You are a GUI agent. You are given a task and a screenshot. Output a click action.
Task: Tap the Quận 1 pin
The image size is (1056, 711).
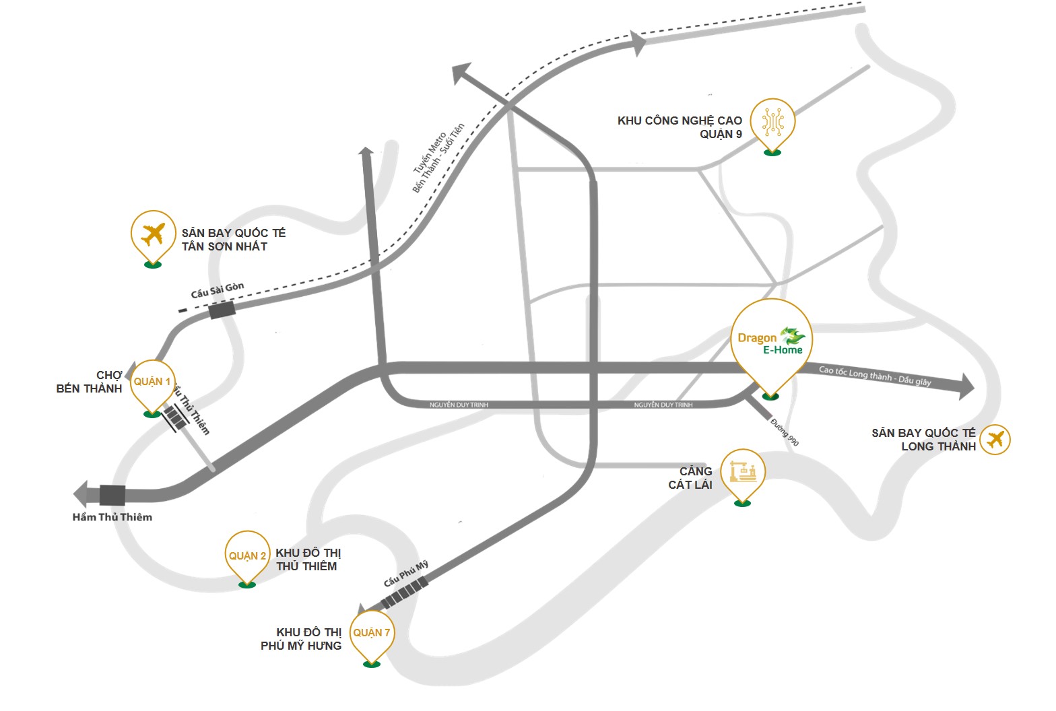click(x=152, y=382)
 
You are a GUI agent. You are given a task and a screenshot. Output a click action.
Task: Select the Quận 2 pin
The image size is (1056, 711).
click(x=247, y=556)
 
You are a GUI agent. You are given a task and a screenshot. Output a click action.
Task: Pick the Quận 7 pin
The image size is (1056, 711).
click(x=372, y=633)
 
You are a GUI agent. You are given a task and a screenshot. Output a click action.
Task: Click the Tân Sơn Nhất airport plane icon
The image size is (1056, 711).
click(x=154, y=234)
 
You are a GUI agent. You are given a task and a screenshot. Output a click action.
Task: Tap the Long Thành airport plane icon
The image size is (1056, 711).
click(x=995, y=440)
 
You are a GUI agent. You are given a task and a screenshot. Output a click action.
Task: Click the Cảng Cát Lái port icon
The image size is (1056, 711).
click(x=743, y=471)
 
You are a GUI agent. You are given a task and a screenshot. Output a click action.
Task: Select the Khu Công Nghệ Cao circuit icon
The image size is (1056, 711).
click(x=772, y=122)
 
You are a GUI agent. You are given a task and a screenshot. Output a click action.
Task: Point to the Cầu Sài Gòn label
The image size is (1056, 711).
click(x=217, y=290)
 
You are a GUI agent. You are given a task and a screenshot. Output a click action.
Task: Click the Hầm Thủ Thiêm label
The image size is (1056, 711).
click(x=112, y=517)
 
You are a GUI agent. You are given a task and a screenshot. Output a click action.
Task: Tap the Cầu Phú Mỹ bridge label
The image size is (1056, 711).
click(x=405, y=574)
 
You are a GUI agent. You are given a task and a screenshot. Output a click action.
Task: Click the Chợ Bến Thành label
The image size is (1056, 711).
click(x=90, y=382)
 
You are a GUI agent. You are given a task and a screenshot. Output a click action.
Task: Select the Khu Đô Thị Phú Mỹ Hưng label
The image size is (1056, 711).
click(x=301, y=639)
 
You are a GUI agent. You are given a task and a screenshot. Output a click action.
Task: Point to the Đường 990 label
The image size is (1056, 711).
click(x=785, y=432)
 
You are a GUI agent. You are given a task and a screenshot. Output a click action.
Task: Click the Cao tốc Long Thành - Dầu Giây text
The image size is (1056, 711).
click(x=875, y=376)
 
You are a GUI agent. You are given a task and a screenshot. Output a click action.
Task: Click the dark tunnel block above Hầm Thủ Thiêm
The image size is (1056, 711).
click(x=112, y=495)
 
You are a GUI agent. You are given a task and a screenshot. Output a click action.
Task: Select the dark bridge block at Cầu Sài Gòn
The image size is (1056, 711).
click(x=222, y=310)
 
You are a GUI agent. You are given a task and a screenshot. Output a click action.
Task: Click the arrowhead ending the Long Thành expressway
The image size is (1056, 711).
click(x=966, y=386)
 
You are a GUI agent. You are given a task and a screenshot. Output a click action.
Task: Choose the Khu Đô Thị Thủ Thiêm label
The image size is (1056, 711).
click(x=308, y=560)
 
